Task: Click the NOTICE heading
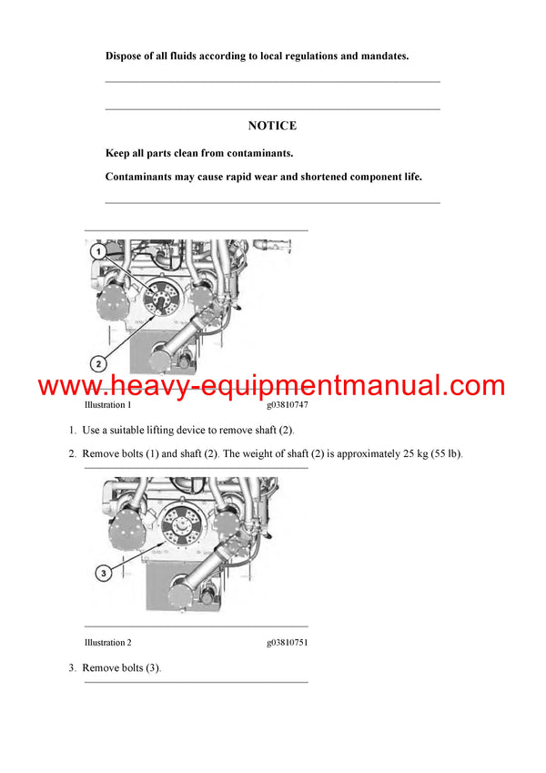(272, 126)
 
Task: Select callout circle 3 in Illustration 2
(104, 574)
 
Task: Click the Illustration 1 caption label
(107, 405)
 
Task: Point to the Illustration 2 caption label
(107, 642)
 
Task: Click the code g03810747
(288, 405)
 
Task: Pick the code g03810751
(288, 642)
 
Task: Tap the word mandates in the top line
(380, 56)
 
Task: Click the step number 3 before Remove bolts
(72, 668)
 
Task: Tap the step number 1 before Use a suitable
(72, 430)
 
